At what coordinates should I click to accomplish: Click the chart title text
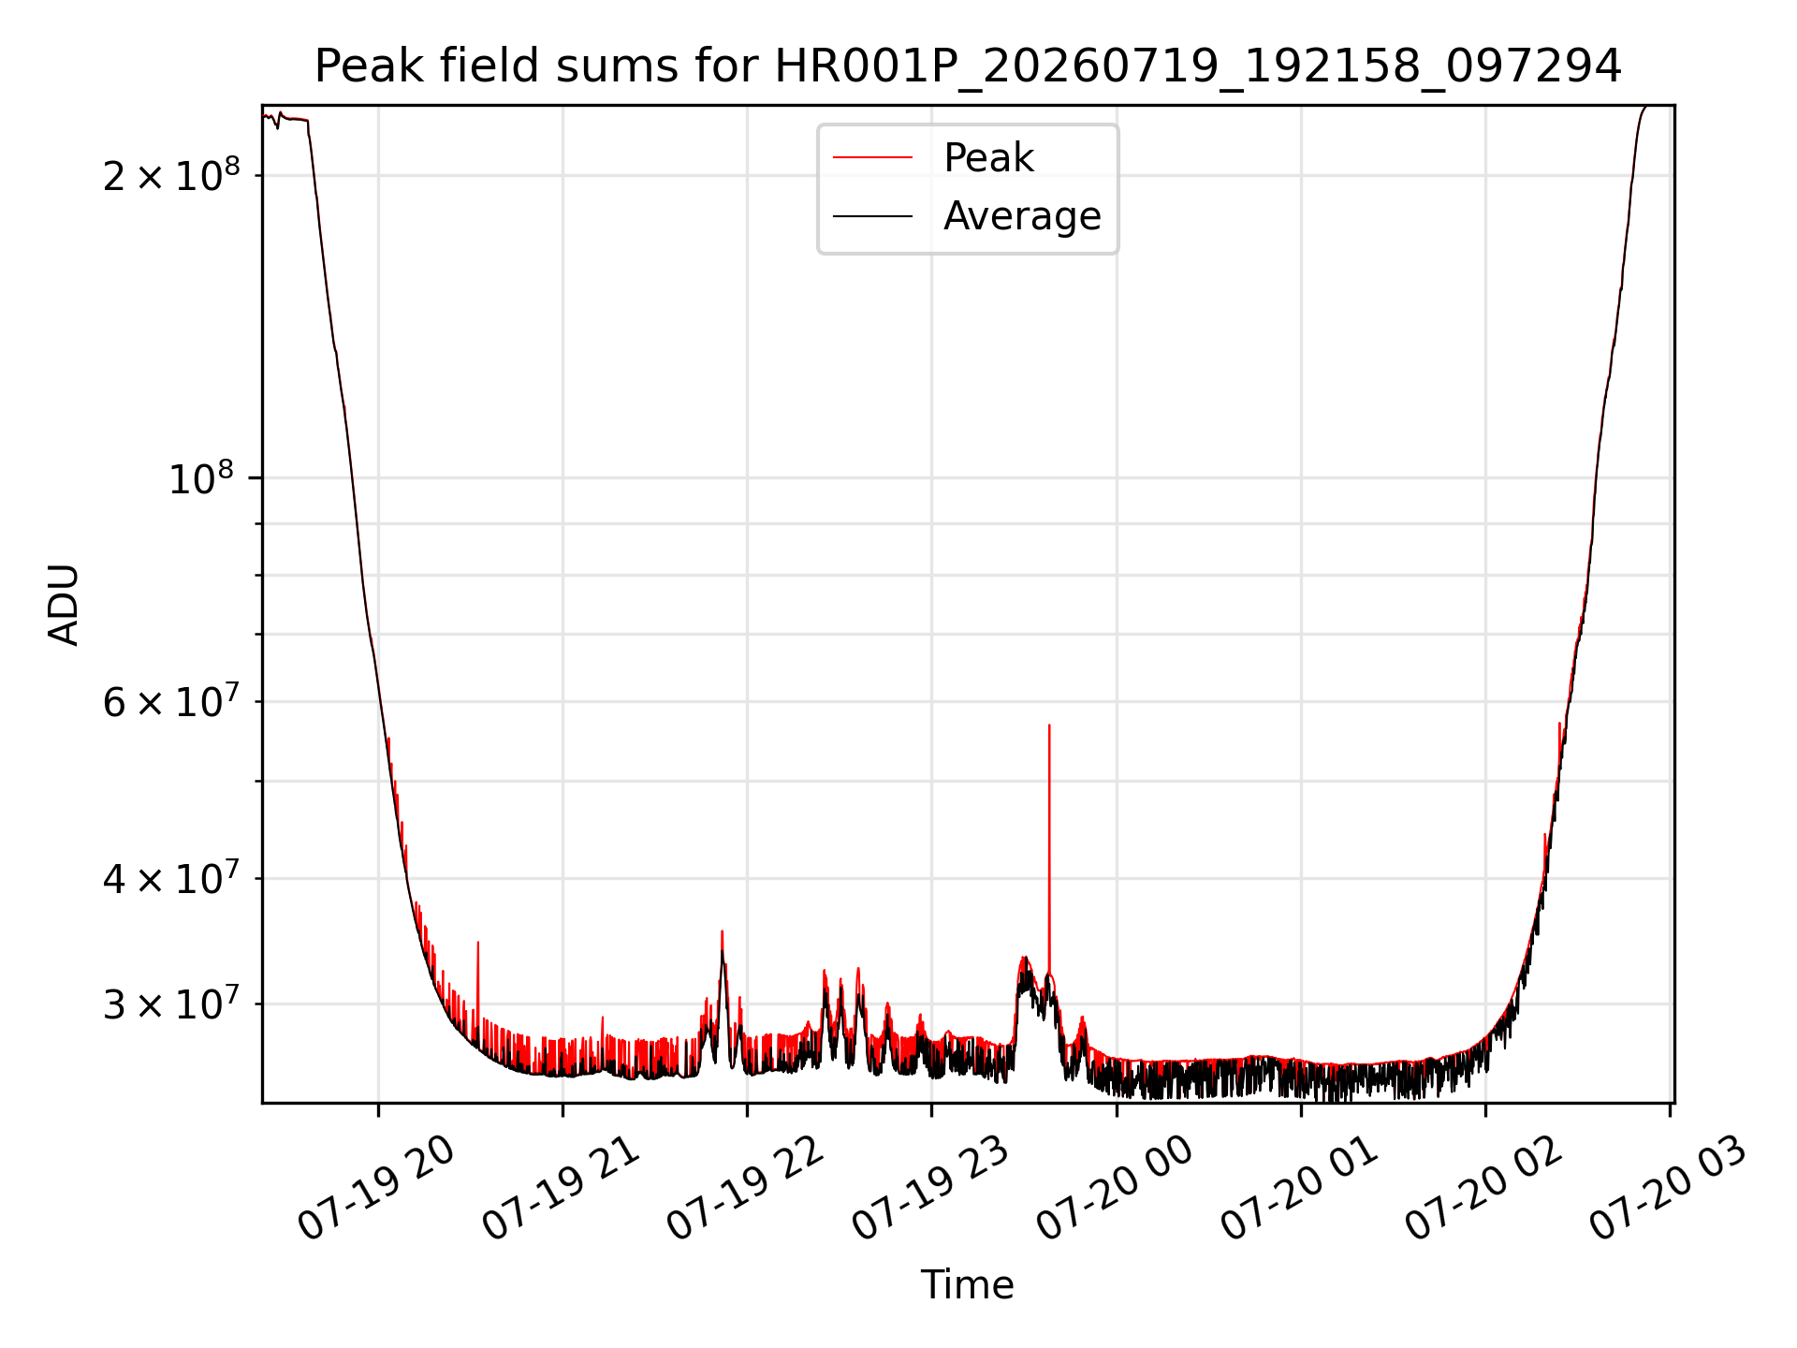click(x=968, y=66)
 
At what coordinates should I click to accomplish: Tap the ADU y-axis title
click(x=64, y=605)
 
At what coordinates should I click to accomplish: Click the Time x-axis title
click(x=968, y=1285)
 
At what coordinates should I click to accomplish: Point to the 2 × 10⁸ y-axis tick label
click(x=171, y=175)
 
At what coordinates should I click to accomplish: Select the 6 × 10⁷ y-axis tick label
click(x=171, y=701)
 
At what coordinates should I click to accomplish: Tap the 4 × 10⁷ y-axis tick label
click(x=171, y=878)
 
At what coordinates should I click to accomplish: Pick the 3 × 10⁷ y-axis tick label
click(x=171, y=1004)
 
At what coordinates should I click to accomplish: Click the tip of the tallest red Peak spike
click(x=1049, y=725)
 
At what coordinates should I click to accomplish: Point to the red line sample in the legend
click(x=872, y=157)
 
